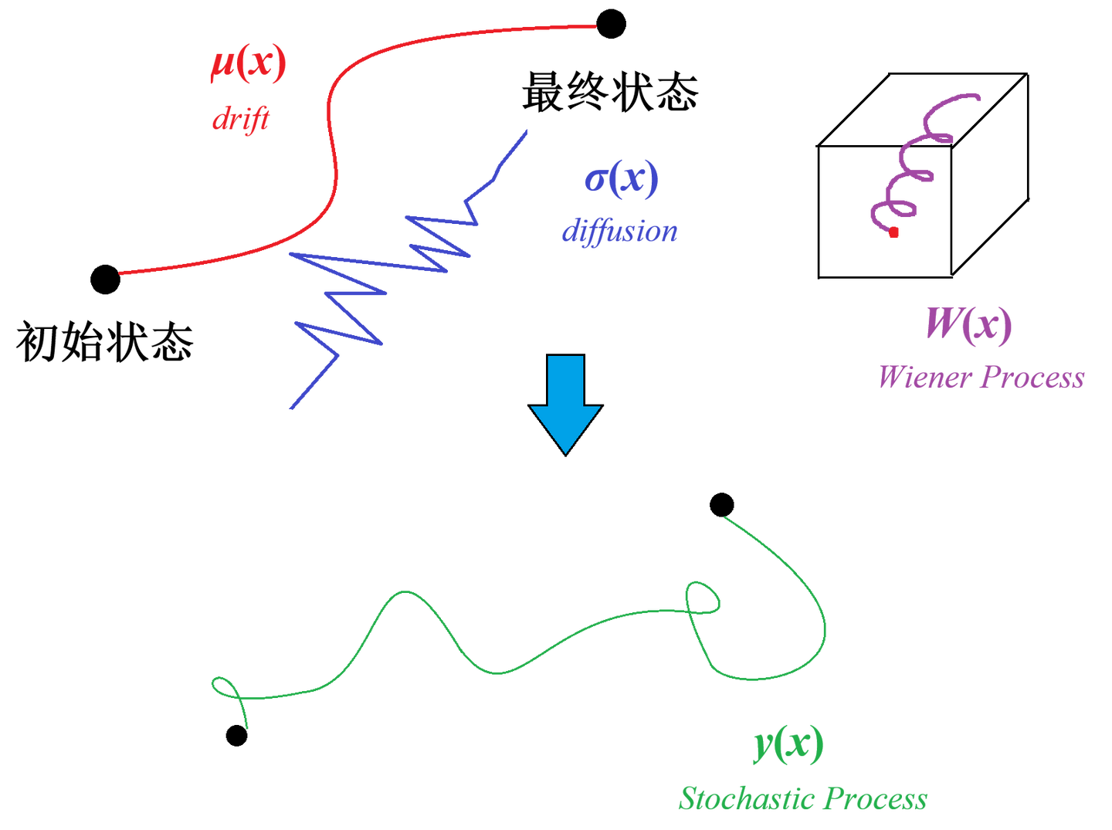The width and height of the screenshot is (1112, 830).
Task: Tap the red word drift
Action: [x=240, y=120]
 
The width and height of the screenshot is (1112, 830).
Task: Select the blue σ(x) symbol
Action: [x=622, y=179]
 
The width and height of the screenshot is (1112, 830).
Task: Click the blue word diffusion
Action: [x=619, y=231]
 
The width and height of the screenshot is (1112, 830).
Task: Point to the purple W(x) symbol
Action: [x=969, y=324]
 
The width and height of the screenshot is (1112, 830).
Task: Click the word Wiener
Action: [x=924, y=378]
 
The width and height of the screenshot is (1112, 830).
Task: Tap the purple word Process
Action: [x=1032, y=378]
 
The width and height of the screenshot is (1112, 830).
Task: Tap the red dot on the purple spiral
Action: [x=893, y=232]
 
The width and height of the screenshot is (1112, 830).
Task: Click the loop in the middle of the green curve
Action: [x=702, y=598]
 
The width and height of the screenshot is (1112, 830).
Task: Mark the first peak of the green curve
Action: [x=404, y=592]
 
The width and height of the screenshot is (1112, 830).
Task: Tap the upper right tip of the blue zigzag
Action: [x=527, y=130]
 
